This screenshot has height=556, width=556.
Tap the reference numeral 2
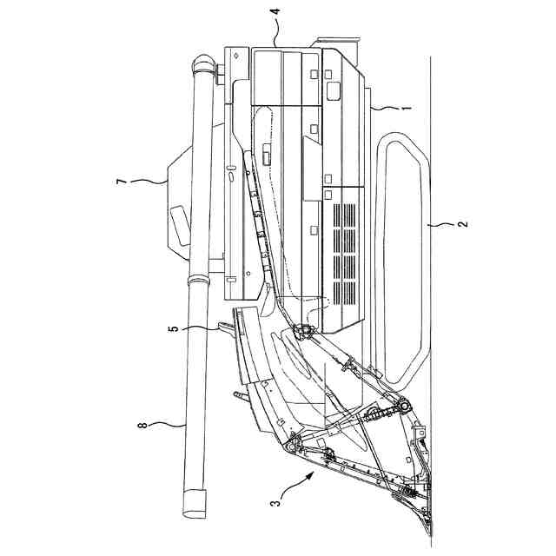462,224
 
